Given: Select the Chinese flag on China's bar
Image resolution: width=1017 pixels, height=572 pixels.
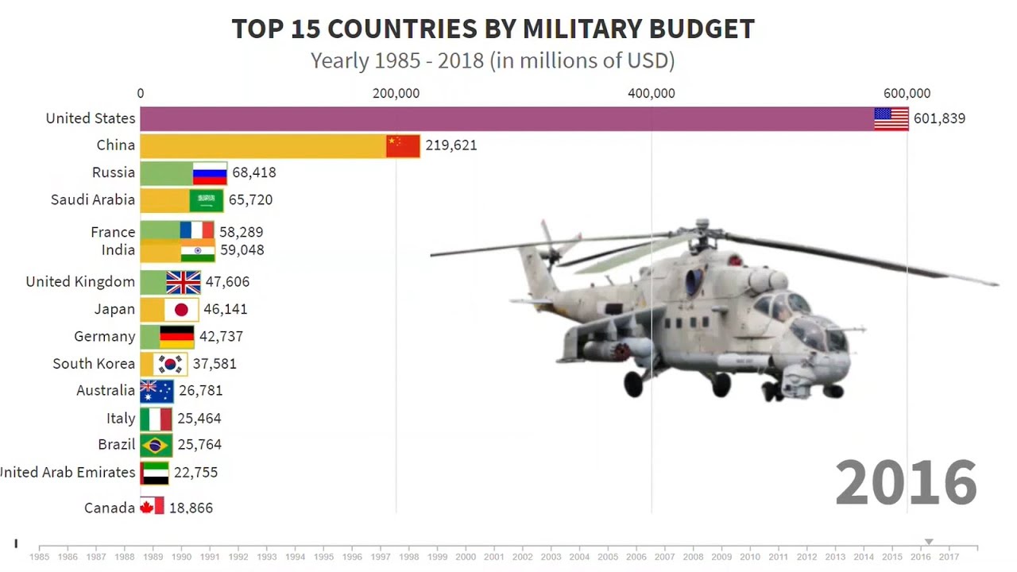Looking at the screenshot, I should pos(403,146).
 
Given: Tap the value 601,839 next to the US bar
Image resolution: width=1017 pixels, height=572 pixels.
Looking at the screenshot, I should pos(939,119).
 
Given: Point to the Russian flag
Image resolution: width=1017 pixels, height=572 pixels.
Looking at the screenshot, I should pos(210,173).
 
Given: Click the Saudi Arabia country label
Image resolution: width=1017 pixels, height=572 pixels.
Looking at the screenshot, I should pos(93,200).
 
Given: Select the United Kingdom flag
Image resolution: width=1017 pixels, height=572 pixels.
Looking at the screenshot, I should pos(184,283).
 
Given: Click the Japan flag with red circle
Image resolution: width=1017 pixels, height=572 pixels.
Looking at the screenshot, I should pos(181,310).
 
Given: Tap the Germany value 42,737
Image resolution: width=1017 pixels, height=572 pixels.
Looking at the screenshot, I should pos(221,337).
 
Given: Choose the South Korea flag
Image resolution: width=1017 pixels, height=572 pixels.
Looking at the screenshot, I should pos(170,364).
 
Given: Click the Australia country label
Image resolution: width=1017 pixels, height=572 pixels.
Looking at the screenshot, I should pos(106,391).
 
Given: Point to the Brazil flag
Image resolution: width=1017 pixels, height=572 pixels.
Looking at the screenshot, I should pos(156,445).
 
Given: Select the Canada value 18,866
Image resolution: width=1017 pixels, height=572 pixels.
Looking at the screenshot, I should pos(191,508).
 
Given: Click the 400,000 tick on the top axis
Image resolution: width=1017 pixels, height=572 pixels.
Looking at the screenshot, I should pos(652,94).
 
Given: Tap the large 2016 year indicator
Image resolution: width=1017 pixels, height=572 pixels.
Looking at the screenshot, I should pos(906,483).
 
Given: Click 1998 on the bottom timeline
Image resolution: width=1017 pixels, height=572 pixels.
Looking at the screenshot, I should pos(409,557).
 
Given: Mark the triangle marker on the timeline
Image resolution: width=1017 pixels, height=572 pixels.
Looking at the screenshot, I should pos(928,542).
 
